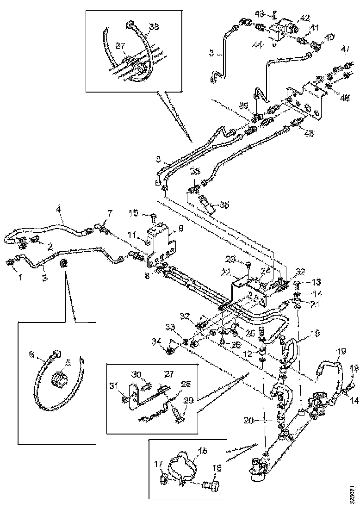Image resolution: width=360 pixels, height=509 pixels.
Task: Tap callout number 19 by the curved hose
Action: point(341,352)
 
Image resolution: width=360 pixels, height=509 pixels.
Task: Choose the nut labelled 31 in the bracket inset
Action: point(125,398)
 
